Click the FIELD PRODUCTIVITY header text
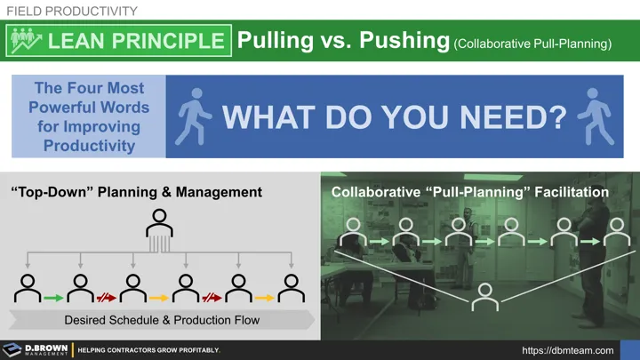(x=72, y=11)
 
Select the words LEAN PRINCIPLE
(x=136, y=41)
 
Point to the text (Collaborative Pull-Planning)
(x=532, y=43)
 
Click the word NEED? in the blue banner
(x=514, y=118)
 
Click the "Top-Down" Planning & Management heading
(x=136, y=191)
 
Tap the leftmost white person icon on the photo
(x=354, y=233)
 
